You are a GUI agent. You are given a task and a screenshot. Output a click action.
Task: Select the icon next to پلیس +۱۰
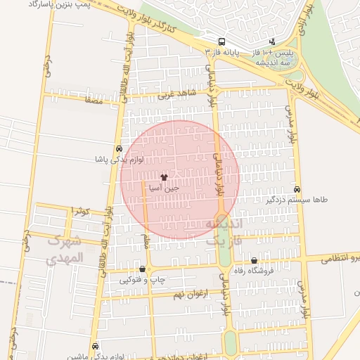(274, 41)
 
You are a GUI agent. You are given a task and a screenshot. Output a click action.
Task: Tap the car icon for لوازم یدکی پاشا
(119, 149)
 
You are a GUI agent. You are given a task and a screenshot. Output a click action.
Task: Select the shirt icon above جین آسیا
(165, 178)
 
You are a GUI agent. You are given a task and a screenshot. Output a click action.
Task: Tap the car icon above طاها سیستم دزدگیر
(297, 189)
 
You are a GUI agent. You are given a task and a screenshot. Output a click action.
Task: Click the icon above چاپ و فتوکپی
(143, 269)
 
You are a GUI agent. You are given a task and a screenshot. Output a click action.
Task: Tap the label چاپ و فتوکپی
(143, 280)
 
